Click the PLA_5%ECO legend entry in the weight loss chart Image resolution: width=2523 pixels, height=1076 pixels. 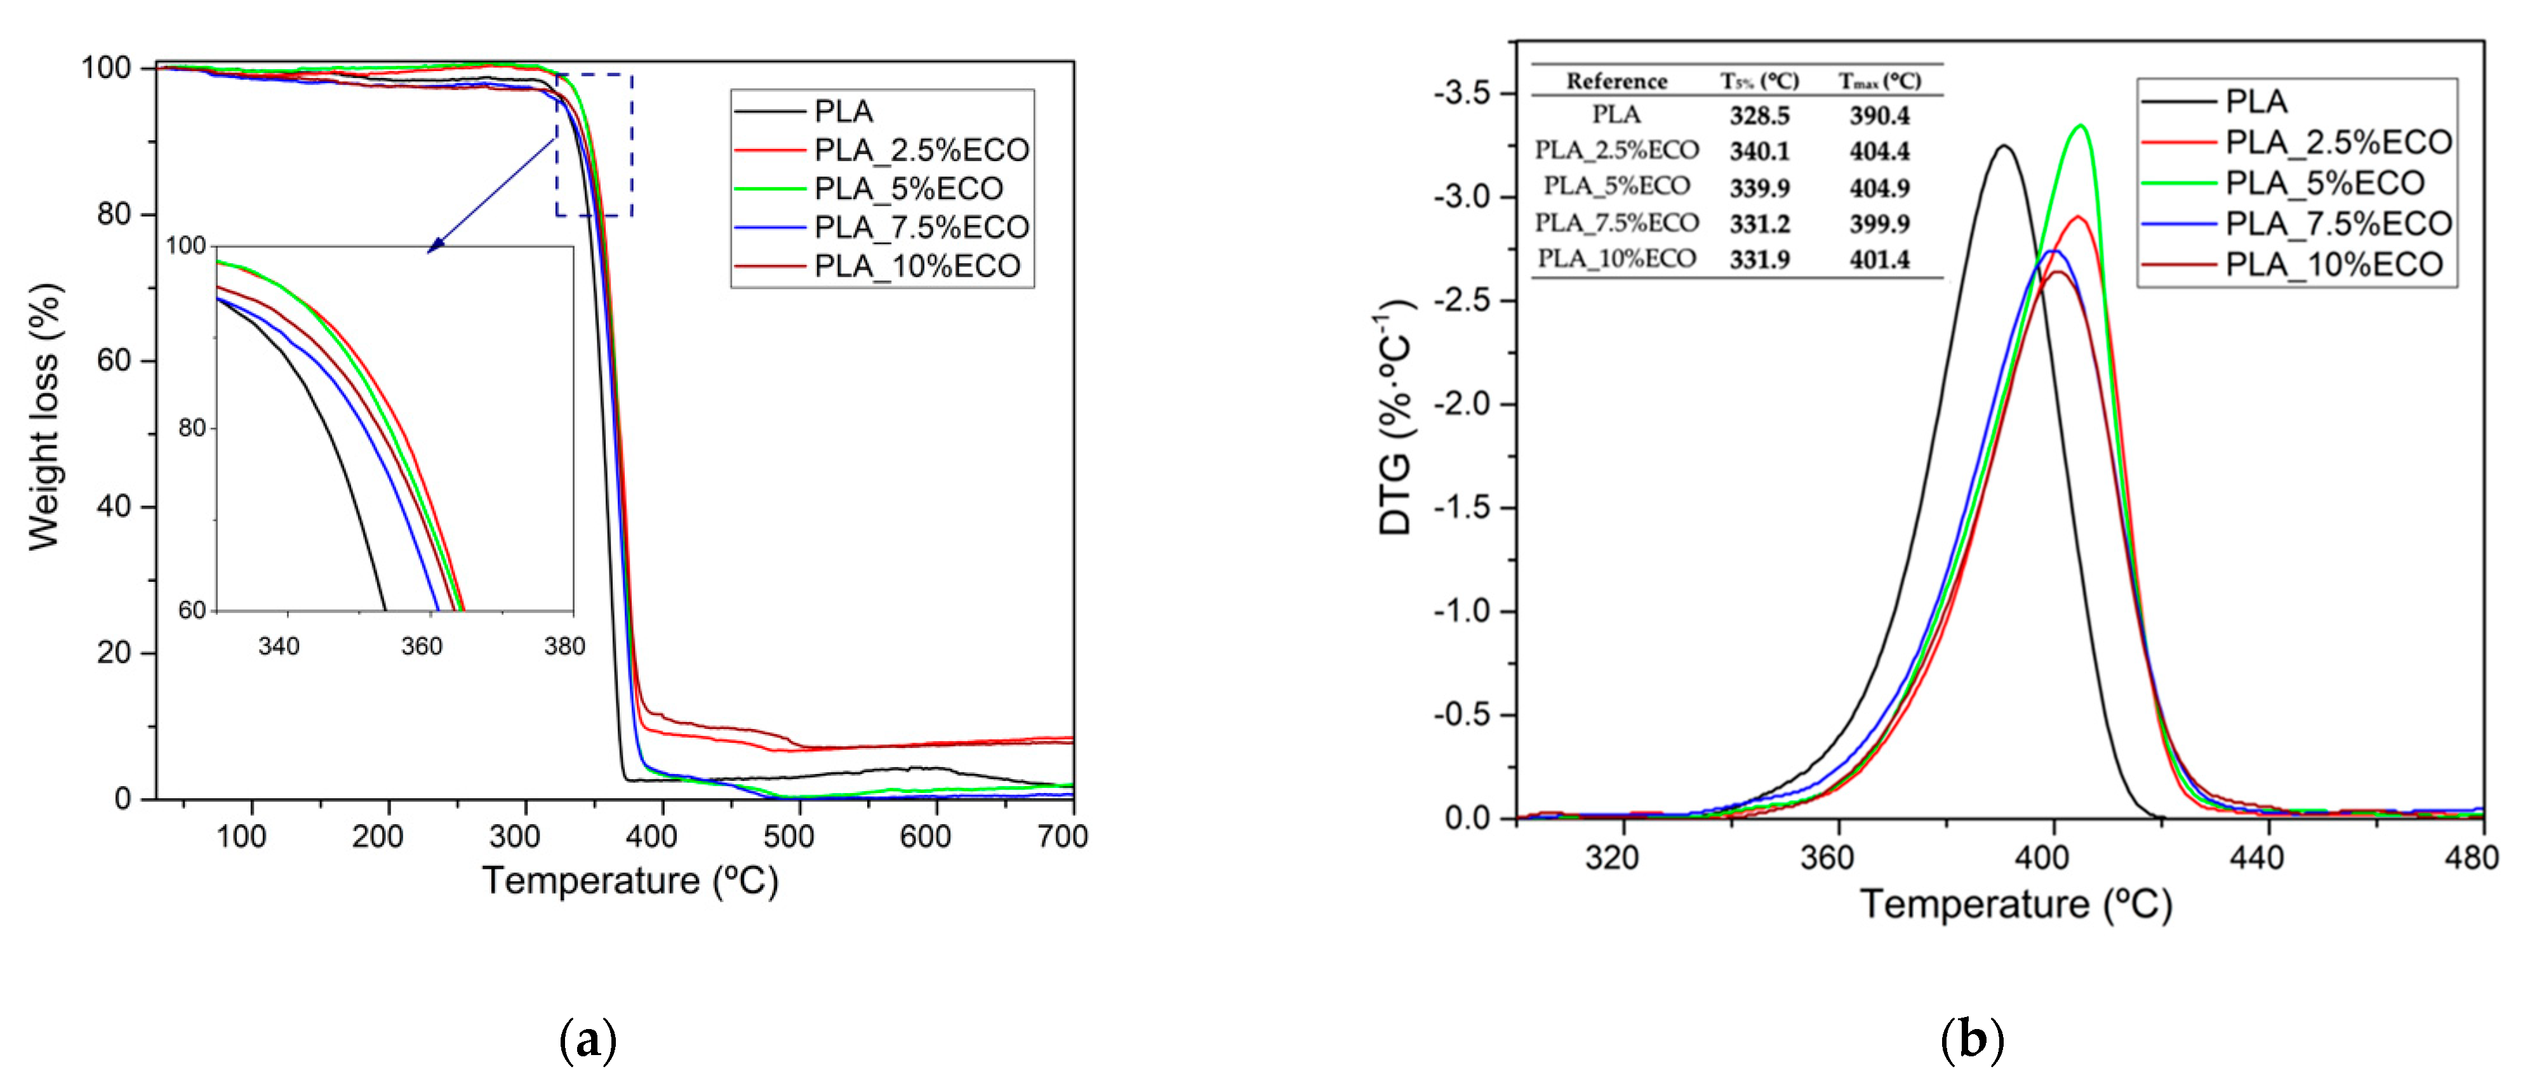(908, 188)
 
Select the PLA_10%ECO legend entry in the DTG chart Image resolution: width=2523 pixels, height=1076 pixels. (2334, 265)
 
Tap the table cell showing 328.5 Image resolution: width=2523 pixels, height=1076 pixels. (1759, 115)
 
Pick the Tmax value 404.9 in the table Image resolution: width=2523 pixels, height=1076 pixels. (1879, 187)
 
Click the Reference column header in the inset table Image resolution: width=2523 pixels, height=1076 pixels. (1616, 81)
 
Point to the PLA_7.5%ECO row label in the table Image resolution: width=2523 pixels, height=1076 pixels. (1616, 223)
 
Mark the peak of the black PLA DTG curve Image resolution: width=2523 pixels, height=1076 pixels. (2004, 147)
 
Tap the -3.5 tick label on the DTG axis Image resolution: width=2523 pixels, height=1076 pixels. (1462, 94)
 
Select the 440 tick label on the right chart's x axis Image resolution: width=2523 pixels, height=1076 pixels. (2256, 858)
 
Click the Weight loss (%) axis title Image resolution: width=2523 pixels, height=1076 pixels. (44, 417)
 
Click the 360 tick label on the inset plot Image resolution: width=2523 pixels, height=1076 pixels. (422, 646)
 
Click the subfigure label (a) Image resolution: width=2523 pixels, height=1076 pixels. (588, 1040)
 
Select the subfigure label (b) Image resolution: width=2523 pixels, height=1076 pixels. (1971, 1040)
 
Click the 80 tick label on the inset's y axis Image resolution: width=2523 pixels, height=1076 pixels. (192, 428)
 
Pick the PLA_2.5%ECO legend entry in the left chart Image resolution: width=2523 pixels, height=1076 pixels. (921, 150)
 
